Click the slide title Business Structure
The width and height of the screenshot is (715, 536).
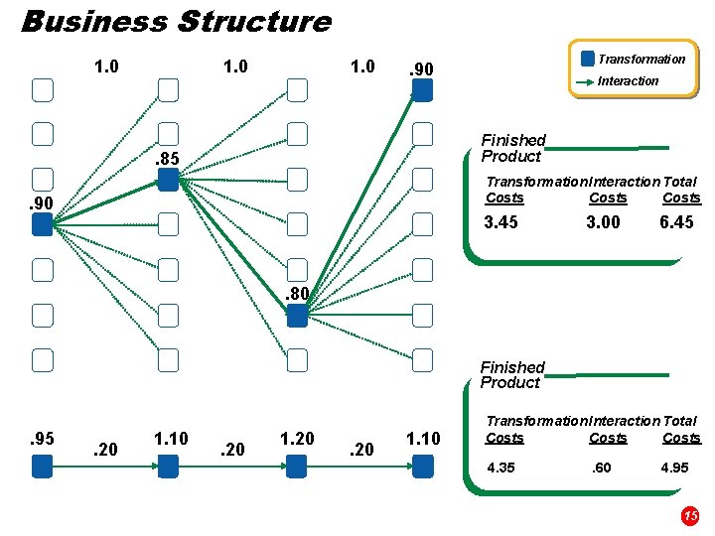click(x=176, y=21)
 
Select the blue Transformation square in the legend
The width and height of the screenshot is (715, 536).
click(x=588, y=59)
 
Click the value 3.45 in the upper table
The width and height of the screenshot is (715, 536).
click(x=501, y=222)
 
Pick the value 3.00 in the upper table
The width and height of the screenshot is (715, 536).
click(x=603, y=222)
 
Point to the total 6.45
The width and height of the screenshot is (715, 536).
click(x=676, y=222)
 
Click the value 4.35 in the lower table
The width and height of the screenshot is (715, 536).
click(x=500, y=468)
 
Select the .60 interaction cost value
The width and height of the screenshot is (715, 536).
click(x=602, y=468)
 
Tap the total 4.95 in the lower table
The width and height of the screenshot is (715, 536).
click(x=676, y=468)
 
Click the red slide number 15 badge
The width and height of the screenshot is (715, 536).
click(x=690, y=515)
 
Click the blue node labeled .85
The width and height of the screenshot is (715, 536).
click(x=168, y=179)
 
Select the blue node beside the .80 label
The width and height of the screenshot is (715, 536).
click(x=296, y=317)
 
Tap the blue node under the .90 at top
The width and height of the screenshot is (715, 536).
click(x=423, y=90)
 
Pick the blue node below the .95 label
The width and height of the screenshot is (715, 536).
click(x=42, y=466)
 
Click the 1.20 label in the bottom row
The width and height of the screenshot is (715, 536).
click(x=297, y=438)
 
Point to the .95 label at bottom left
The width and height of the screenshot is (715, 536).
click(x=41, y=438)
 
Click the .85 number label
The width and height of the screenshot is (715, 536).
click(x=166, y=158)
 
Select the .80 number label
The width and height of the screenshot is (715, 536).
click(x=297, y=294)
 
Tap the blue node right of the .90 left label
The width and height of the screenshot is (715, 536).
click(x=42, y=225)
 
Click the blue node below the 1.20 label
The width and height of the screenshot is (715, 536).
click(x=296, y=466)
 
